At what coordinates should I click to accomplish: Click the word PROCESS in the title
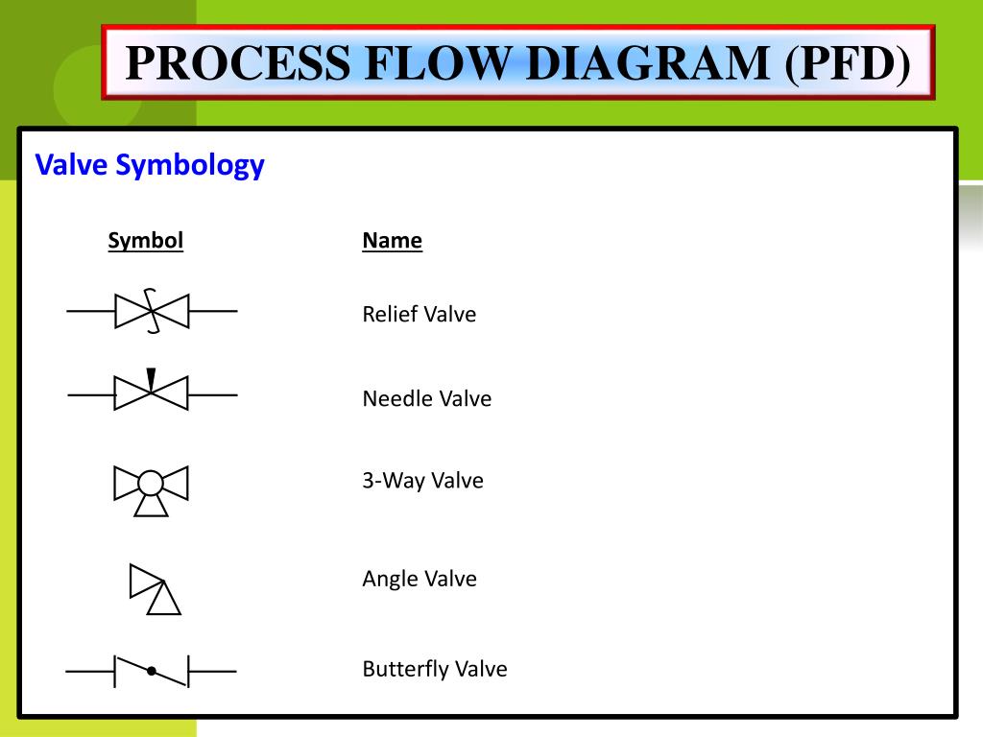click(x=238, y=63)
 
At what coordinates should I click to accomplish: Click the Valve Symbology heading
click(x=150, y=165)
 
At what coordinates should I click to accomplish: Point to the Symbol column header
click(x=145, y=240)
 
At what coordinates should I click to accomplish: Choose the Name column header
click(x=392, y=240)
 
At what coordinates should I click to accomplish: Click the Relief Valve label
click(x=419, y=314)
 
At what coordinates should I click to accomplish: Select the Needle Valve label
click(x=426, y=398)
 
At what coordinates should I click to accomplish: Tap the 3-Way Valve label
click(x=422, y=480)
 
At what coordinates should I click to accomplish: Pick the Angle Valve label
click(x=419, y=578)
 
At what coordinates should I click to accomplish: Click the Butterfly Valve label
click(x=434, y=668)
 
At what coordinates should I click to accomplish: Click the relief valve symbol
click(x=152, y=311)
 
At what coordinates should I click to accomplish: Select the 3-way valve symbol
click(x=151, y=487)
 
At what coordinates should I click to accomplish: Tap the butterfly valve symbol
click(x=151, y=671)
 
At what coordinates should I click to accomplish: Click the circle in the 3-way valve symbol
click(x=151, y=482)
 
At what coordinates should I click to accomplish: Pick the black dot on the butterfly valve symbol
click(x=151, y=671)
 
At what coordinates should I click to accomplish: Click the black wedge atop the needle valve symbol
click(x=151, y=378)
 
